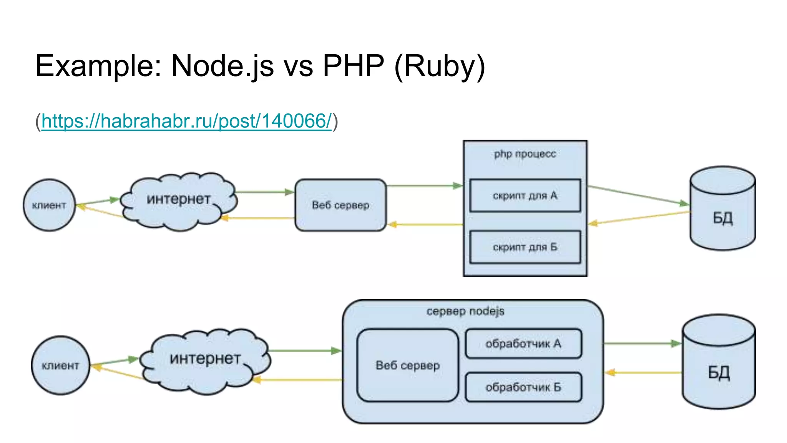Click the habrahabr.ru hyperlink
coord(186,121)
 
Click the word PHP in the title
coord(353,66)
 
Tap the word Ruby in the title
coord(440,66)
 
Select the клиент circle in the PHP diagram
coord(49,205)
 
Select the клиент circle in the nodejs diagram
coord(60,365)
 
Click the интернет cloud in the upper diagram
coord(179,200)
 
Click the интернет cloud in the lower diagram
coord(205,360)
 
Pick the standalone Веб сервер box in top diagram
coord(340,205)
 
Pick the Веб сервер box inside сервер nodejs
coord(408,365)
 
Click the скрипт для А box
coord(525,195)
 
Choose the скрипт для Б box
coord(525,247)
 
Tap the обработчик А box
coord(523,343)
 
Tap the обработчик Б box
coord(523,387)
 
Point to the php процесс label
coord(525,154)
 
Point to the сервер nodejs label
coord(465,311)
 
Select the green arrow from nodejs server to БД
coord(642,343)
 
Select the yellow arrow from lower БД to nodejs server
coord(644,372)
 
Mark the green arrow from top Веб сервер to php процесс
coord(423,186)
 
